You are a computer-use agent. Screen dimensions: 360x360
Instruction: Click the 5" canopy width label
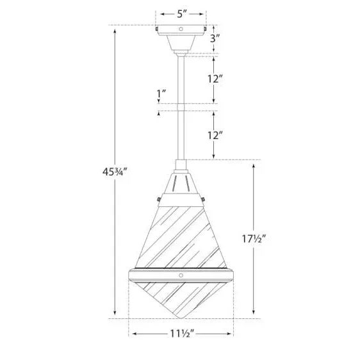click(x=183, y=13)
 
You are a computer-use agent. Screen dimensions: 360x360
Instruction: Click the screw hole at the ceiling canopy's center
click(x=181, y=30)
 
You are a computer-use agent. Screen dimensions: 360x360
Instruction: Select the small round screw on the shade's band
click(x=181, y=274)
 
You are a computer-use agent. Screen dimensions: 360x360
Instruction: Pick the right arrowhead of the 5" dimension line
click(x=204, y=13)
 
